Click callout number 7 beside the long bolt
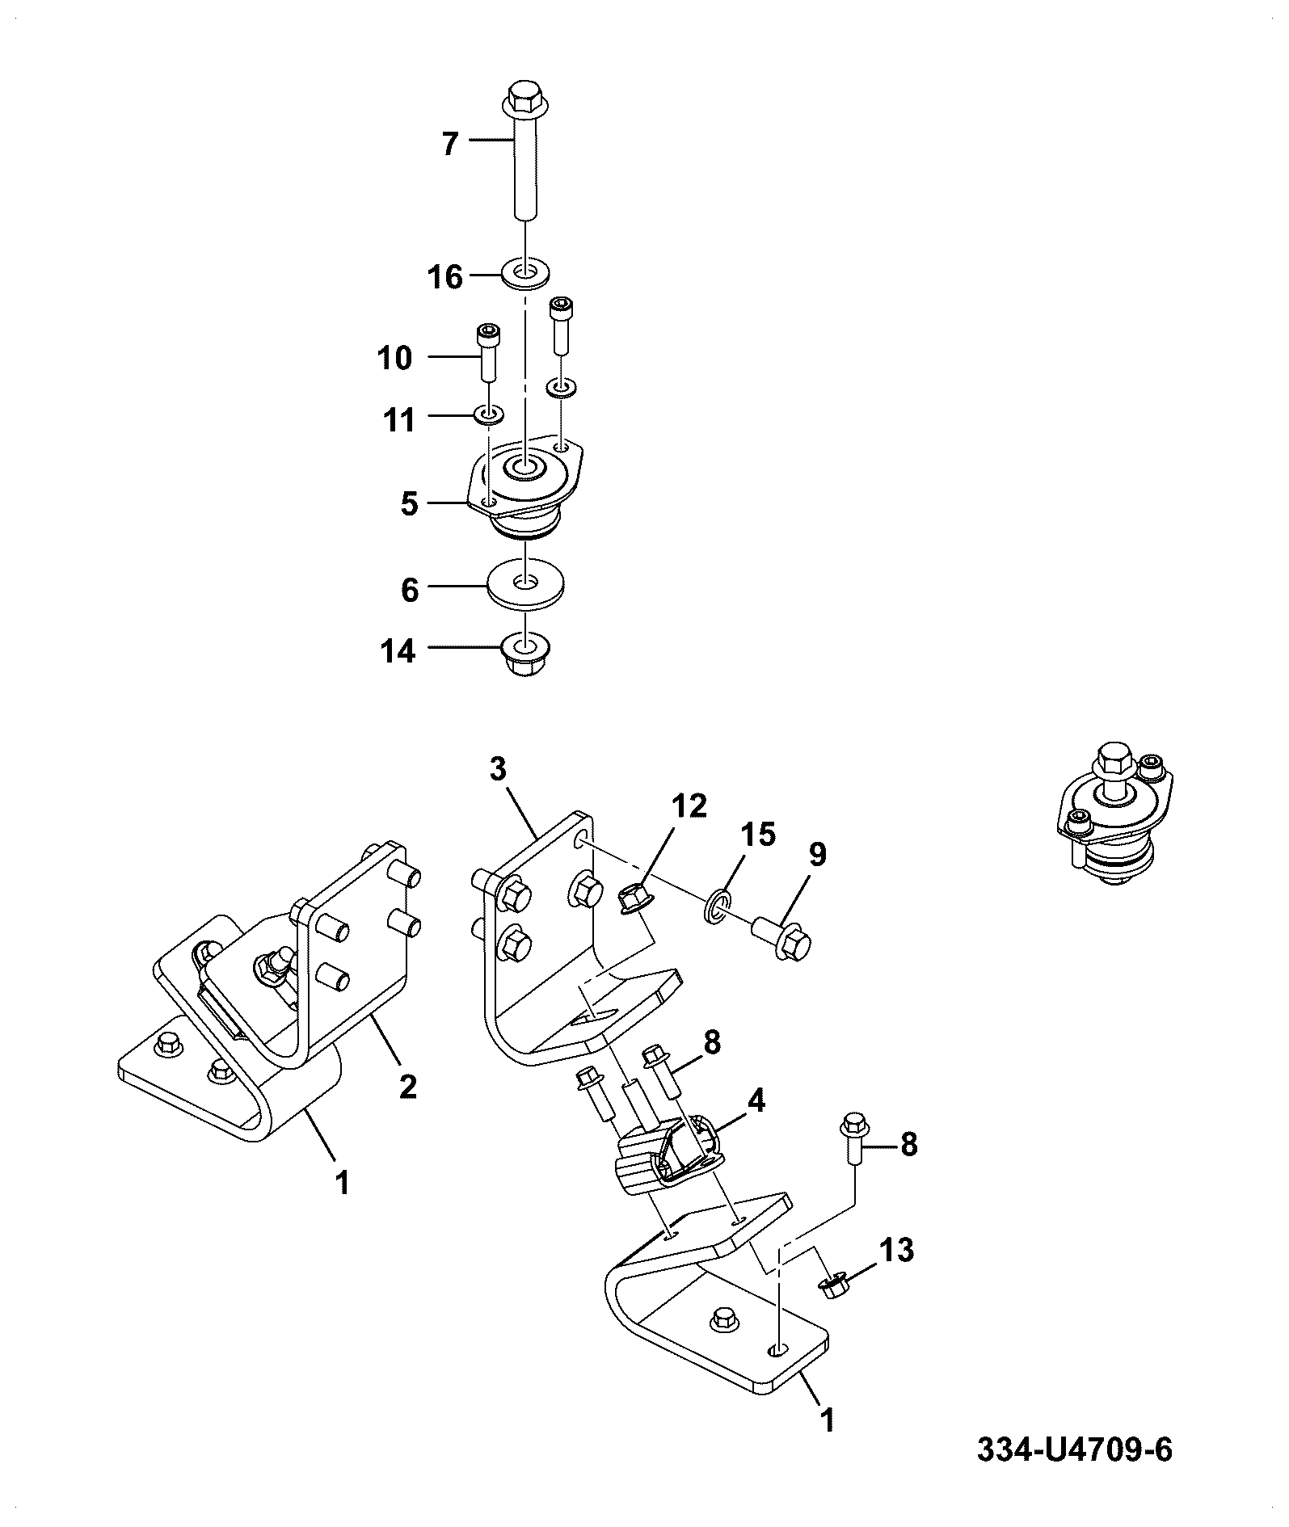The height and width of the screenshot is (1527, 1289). tap(451, 145)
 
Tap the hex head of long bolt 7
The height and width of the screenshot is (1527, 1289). tap(526, 95)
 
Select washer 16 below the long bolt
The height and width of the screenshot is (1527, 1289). tap(526, 272)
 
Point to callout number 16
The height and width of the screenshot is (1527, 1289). tap(444, 277)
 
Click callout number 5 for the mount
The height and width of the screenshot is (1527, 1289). tap(410, 503)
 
